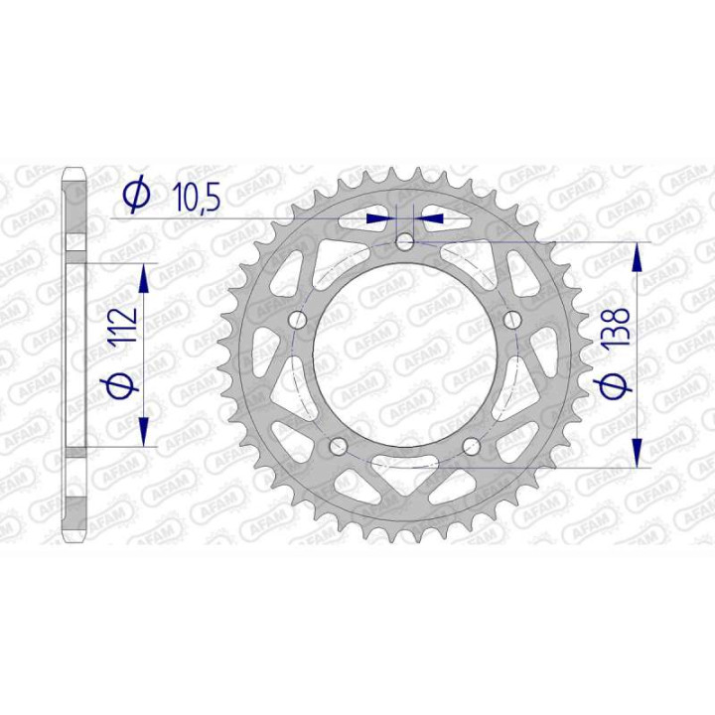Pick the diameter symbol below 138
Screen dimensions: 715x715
(x=616, y=386)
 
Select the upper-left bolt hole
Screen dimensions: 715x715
(x=297, y=320)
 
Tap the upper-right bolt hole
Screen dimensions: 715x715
(x=512, y=320)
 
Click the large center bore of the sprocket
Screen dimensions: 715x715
(x=405, y=348)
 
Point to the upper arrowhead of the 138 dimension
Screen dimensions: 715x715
(x=638, y=256)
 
